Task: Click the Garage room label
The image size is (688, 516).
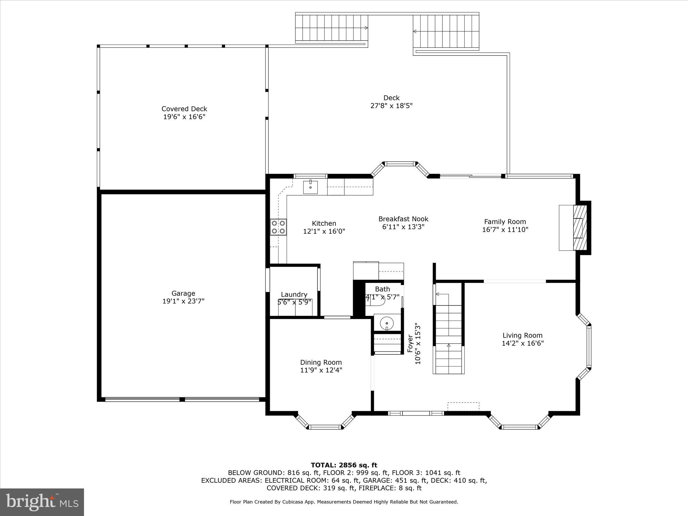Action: click(x=183, y=293)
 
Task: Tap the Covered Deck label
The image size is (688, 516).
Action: click(x=184, y=109)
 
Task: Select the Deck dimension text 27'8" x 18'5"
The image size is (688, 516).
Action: click(x=391, y=106)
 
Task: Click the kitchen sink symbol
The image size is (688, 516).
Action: click(x=310, y=187)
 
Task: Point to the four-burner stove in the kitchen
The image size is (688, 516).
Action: click(x=278, y=227)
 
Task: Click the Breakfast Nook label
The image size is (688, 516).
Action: click(x=403, y=219)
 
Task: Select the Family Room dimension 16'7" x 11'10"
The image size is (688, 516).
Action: click(x=505, y=230)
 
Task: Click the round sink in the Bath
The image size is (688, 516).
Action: click(x=387, y=323)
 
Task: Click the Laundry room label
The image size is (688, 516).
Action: click(x=294, y=295)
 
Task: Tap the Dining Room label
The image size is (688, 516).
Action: click(x=321, y=362)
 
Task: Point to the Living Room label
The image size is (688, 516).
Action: click(x=522, y=335)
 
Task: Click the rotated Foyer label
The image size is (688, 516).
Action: click(x=410, y=343)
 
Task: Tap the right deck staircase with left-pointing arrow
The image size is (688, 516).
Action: click(x=446, y=32)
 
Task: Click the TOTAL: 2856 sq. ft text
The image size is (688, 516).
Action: click(x=344, y=465)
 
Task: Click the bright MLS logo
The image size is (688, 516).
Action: click(x=42, y=502)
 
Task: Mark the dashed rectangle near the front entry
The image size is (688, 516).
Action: click(x=463, y=406)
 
